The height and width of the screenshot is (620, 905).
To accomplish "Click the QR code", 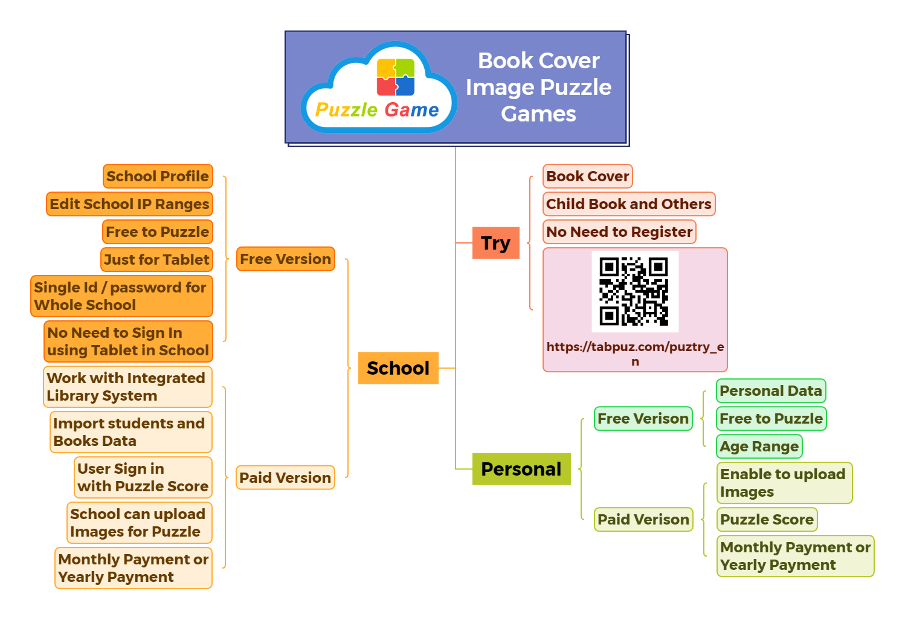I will (x=634, y=292).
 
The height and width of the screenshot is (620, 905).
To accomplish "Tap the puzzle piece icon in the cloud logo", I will (x=396, y=77).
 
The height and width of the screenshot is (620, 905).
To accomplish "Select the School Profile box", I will (x=158, y=176).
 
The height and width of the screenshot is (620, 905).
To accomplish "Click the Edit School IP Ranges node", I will (x=129, y=204).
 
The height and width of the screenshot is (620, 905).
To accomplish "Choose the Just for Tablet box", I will (x=156, y=260).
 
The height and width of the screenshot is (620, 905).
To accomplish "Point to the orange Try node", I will (x=495, y=243).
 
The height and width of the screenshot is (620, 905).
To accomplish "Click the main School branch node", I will (x=398, y=368).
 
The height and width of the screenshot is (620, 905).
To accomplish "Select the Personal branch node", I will (x=521, y=469).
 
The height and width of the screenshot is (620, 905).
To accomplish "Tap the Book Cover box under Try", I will (x=587, y=176).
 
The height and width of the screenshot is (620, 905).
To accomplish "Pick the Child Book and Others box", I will (x=628, y=204).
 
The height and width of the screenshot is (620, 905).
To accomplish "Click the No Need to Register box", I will (x=619, y=232).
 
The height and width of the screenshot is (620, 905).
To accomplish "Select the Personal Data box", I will (x=770, y=391).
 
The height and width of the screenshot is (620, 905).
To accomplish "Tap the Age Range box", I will (x=759, y=447).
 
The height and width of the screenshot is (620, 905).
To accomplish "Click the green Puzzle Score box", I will (x=767, y=520).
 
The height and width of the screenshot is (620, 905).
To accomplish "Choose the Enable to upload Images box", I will (x=784, y=483).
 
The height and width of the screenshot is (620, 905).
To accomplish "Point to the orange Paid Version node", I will (x=285, y=478).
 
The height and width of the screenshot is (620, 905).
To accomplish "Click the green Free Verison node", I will (x=643, y=419).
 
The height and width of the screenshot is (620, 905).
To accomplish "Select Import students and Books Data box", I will (x=130, y=432).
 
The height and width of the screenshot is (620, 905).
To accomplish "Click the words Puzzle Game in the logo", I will (x=377, y=110).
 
